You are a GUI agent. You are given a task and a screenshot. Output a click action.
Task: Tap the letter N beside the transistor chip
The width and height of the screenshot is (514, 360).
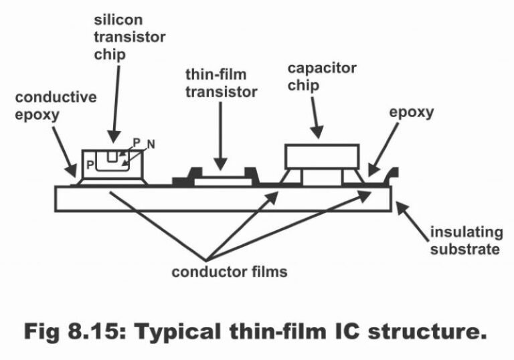tap(151, 144)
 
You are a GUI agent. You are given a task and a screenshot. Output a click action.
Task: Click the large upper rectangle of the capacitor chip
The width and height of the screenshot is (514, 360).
tap(323, 156)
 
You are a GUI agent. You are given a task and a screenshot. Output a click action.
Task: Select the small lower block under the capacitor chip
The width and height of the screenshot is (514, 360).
tap(322, 177)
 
